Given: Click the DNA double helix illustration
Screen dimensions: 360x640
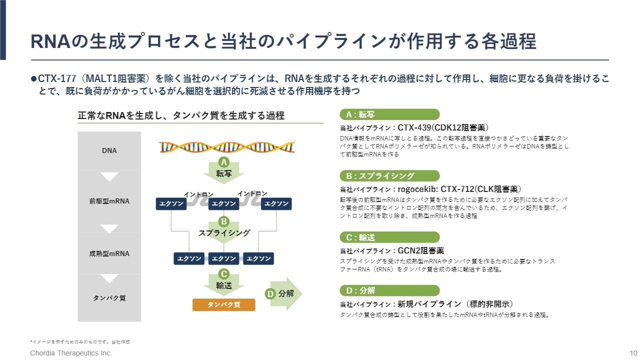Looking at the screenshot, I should click(226, 146).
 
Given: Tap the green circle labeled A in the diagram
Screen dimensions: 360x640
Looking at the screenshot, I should click(224, 162).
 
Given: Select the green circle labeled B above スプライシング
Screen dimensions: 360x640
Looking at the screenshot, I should click(224, 221).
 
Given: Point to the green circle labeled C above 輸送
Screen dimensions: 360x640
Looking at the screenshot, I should click(224, 274).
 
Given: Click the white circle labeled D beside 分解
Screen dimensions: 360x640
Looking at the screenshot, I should click(270, 294).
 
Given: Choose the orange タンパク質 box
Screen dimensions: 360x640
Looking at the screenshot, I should click(223, 304).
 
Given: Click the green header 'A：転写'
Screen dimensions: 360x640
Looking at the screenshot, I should click(389, 114).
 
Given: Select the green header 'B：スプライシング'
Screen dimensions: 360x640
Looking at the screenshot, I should click(389, 176).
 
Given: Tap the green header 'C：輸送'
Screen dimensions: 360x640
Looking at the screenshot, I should click(389, 237).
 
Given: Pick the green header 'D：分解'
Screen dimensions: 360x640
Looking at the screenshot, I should click(389, 290).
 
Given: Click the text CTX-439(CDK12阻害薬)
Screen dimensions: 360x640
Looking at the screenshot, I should click(443, 127).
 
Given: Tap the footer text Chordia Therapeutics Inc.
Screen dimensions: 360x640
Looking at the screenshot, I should click(71, 353).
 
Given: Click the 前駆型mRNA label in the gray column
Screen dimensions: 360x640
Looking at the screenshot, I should click(109, 201).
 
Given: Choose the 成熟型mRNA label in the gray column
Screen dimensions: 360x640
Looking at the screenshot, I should click(109, 253).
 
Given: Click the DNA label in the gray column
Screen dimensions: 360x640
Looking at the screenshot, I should click(109, 150).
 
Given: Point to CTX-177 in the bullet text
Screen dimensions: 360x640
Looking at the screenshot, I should click(57, 78).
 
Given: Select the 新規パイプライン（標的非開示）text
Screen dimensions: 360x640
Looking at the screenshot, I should click(455, 304).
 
